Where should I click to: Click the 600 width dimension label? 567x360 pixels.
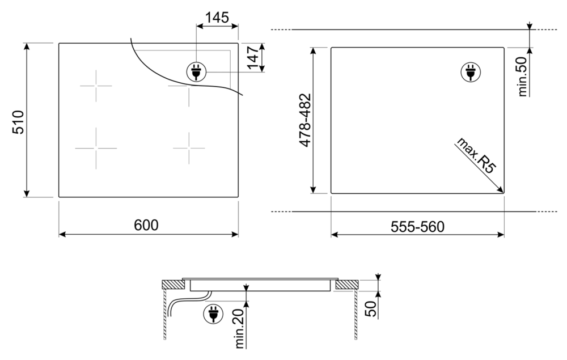[146, 225]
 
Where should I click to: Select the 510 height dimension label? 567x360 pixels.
[19, 121]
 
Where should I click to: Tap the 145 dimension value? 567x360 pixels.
[217, 18]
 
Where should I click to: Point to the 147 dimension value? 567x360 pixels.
[253, 57]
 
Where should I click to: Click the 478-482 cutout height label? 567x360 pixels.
[304, 120]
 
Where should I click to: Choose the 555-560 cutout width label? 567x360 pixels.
[417, 226]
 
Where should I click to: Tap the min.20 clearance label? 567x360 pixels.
[240, 329]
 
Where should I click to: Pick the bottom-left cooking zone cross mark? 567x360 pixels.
[96, 148]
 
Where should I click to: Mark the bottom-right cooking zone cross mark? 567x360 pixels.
[189, 148]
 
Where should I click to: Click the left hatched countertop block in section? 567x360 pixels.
[171, 285]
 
